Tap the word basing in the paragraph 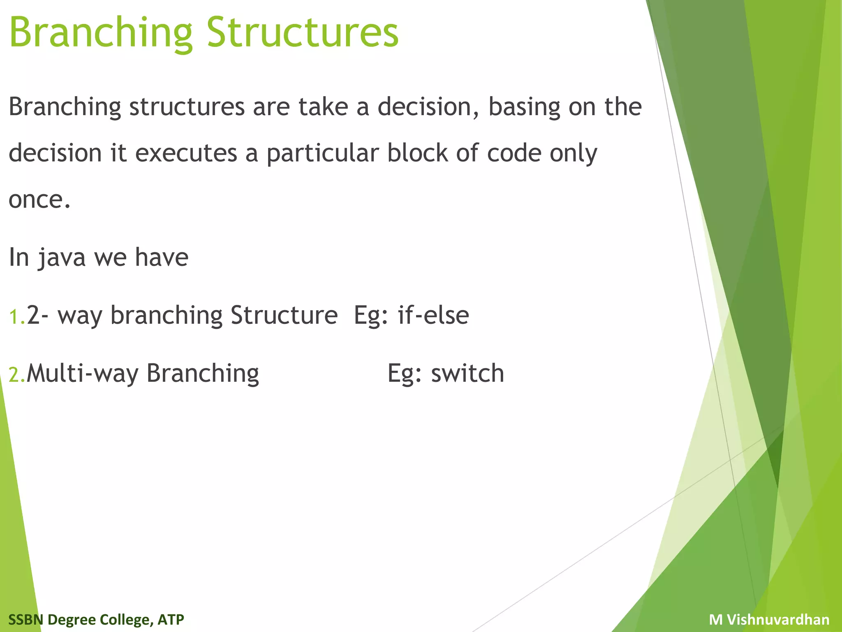[x=524, y=107]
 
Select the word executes [x=186, y=153]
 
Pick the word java [x=62, y=258]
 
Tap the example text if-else [x=433, y=316]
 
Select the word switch [x=467, y=374]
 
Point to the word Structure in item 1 [x=284, y=316]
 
